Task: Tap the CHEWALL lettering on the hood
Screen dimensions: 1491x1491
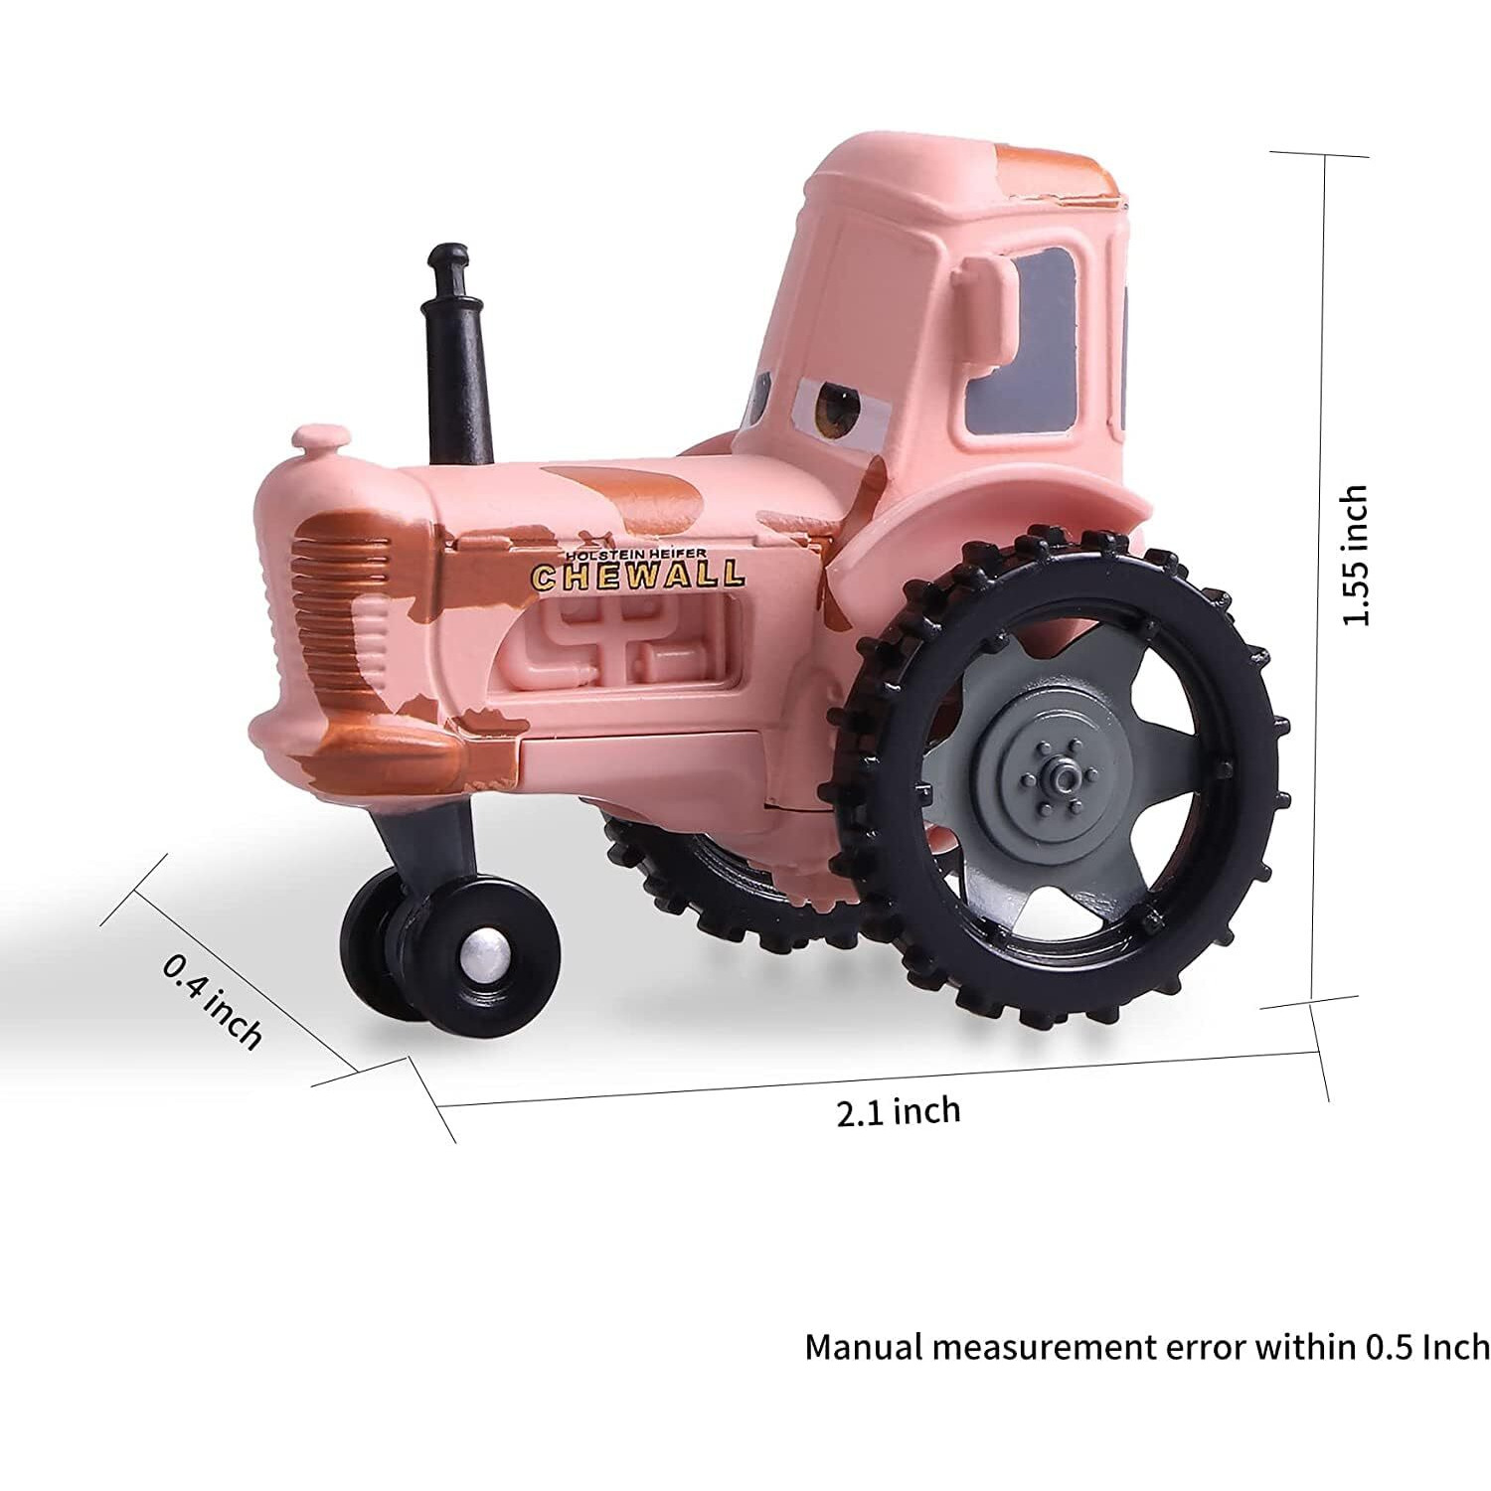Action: pos(637,576)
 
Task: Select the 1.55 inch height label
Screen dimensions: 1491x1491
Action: pos(1356,556)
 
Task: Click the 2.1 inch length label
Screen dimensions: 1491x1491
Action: pos(899,1110)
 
